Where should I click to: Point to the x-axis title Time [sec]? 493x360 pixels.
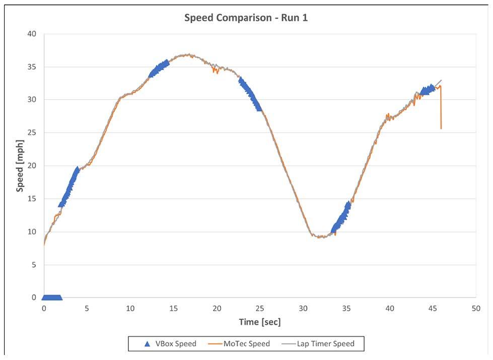coord(260,322)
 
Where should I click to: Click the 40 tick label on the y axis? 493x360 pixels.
coord(32,34)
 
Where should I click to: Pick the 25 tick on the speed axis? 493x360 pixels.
coord(32,133)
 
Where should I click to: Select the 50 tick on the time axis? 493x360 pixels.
coord(475,308)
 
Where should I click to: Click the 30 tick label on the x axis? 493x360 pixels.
coord(303,308)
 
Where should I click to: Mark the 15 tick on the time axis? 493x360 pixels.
coord(174,308)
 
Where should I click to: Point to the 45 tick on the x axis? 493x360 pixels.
coord(432,308)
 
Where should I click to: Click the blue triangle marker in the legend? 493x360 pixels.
coord(147,344)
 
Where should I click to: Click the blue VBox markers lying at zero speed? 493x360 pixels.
coord(52,297)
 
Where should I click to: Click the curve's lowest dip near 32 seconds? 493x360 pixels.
coord(319,236)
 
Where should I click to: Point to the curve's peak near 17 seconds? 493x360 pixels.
coord(187,54)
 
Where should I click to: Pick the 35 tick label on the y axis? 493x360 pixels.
coord(32,67)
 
